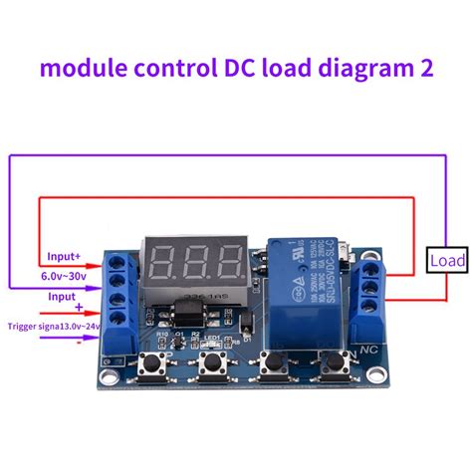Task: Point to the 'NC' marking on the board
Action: tap(366, 351)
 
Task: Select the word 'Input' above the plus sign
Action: tap(63, 296)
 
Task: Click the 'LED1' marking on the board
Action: tap(211, 338)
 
